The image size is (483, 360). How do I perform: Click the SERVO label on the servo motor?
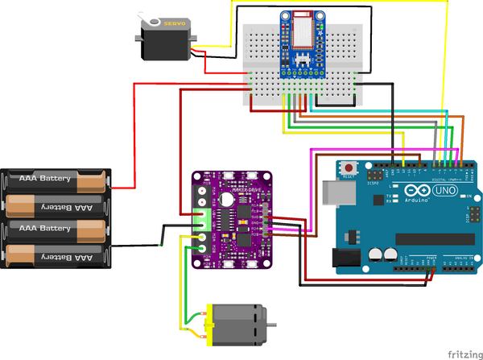pyautogui.click(x=175, y=23)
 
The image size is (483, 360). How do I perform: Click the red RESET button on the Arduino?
pyautogui.click(x=350, y=168)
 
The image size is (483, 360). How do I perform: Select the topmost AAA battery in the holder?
pyautogui.click(x=56, y=179)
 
